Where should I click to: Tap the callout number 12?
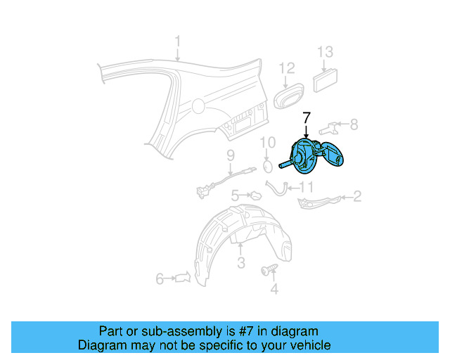[x=287, y=68]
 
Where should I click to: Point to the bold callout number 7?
[x=307, y=117]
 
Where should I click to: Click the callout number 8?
[x=354, y=124]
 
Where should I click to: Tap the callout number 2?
[x=357, y=196]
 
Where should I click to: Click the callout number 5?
[x=236, y=195]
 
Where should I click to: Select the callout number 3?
[x=240, y=264]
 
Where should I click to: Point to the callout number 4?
[x=274, y=288]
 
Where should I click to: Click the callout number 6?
[x=160, y=279]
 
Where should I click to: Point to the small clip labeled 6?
[x=183, y=278]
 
